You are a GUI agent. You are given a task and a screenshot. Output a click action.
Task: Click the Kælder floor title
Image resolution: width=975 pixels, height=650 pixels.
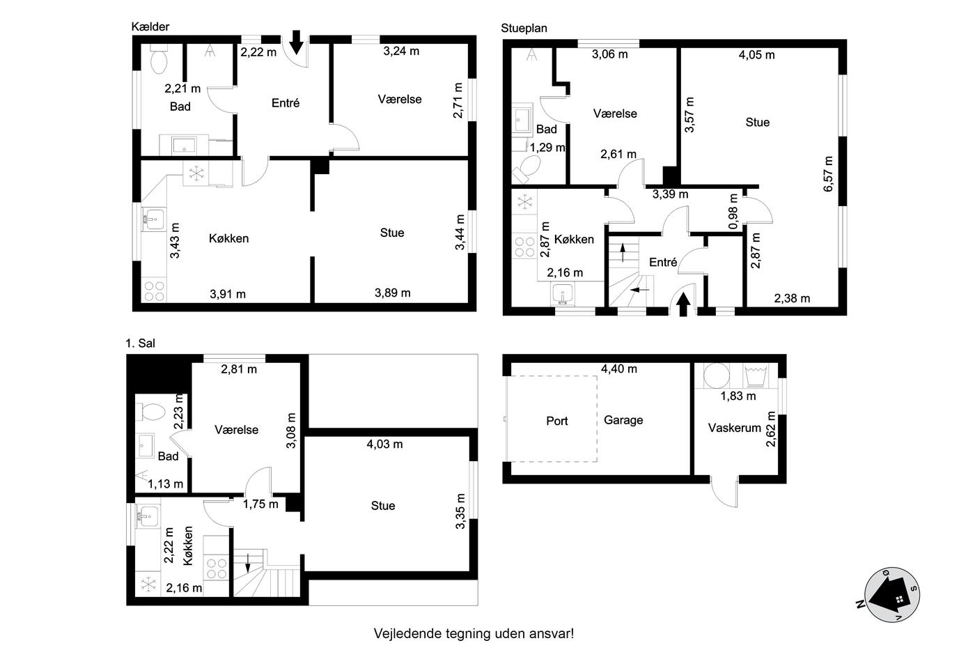(x=150, y=26)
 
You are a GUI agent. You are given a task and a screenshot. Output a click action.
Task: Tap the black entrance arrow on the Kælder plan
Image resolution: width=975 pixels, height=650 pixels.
(x=297, y=42)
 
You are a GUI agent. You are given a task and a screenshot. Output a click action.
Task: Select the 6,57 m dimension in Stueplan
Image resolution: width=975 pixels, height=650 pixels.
(x=828, y=174)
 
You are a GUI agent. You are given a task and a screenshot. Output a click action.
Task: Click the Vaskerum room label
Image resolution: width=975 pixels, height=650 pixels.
(x=734, y=428)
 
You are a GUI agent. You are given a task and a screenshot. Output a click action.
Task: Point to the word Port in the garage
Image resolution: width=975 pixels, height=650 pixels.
(x=557, y=421)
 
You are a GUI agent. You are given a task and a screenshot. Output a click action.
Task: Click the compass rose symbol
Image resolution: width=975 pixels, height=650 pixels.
(x=891, y=595)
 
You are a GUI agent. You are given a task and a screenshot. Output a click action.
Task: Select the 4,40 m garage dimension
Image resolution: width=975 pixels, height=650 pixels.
(x=619, y=369)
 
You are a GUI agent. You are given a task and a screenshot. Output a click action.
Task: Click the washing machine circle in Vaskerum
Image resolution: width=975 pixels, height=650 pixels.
(x=717, y=376)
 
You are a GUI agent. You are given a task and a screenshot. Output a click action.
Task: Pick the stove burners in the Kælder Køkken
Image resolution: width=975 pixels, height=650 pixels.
(x=154, y=291)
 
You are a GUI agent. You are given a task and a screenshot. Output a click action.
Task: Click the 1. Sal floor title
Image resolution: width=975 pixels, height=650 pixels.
(x=140, y=343)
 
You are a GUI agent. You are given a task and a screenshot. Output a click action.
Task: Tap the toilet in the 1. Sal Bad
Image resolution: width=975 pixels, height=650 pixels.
(x=150, y=412)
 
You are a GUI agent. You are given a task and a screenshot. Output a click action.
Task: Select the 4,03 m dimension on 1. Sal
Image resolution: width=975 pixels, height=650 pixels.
(x=384, y=444)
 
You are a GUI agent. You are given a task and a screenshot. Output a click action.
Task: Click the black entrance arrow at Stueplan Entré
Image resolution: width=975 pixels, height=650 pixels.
(x=683, y=304)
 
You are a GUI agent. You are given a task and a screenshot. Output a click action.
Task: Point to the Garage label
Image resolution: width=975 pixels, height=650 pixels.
(x=623, y=420)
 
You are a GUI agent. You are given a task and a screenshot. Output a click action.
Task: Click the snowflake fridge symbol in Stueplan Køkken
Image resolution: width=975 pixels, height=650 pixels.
(x=524, y=201)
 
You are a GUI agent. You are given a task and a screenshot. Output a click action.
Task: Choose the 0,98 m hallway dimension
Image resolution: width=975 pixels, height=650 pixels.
(x=733, y=212)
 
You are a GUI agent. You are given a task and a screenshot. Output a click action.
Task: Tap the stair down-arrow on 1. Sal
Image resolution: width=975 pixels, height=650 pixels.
(x=248, y=562)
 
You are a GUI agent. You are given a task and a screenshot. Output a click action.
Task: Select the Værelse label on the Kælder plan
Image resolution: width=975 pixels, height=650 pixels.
(x=400, y=99)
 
